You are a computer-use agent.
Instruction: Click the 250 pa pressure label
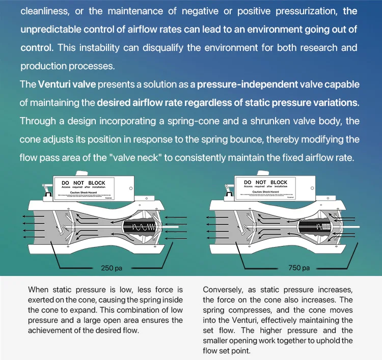(111, 268)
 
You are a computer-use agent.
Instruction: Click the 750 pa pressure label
(299, 268)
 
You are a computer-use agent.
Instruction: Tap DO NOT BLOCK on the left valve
(83, 182)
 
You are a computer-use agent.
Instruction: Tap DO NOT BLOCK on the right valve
(265, 182)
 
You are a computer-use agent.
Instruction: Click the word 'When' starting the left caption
(39, 290)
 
